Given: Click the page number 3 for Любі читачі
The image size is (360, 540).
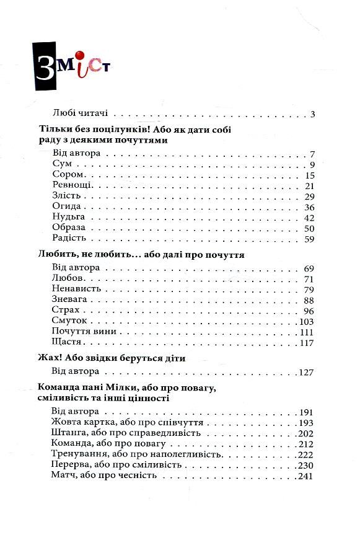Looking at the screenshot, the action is click(313, 113).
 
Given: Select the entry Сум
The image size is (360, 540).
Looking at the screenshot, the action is click(63, 164).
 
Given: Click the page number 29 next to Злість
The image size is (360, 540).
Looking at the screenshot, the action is click(310, 196).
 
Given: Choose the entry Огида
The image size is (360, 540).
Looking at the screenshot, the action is click(67, 207).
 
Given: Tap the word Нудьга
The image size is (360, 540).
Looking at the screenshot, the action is click(69, 218).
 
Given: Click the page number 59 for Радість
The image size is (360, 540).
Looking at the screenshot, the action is click(310, 239).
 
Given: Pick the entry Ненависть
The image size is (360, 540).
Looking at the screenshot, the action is click(79, 290).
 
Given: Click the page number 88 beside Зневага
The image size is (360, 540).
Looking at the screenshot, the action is click(310, 300).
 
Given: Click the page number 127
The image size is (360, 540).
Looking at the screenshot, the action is click(307, 372).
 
